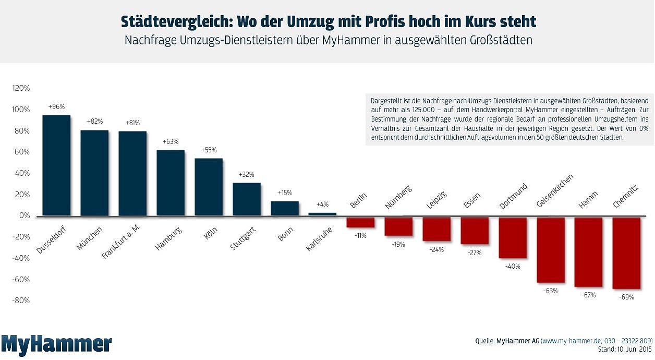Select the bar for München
point(94,173)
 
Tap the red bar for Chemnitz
point(626,253)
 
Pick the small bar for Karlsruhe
point(322,214)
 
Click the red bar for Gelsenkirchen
point(551,250)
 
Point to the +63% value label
point(171,141)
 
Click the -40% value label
point(513,266)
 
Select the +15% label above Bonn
point(285,193)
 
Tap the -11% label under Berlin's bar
point(360,235)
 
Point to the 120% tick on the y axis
point(21,88)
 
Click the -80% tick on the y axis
point(21,301)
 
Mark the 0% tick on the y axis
point(24,215)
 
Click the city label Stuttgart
point(242,239)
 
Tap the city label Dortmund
point(513,196)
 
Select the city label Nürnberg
point(398,197)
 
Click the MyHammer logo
point(56,344)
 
